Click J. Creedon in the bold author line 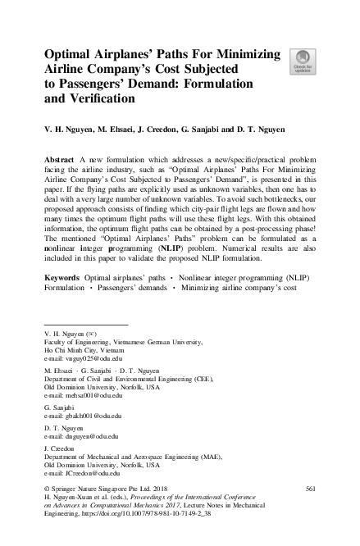tap(158, 130)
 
